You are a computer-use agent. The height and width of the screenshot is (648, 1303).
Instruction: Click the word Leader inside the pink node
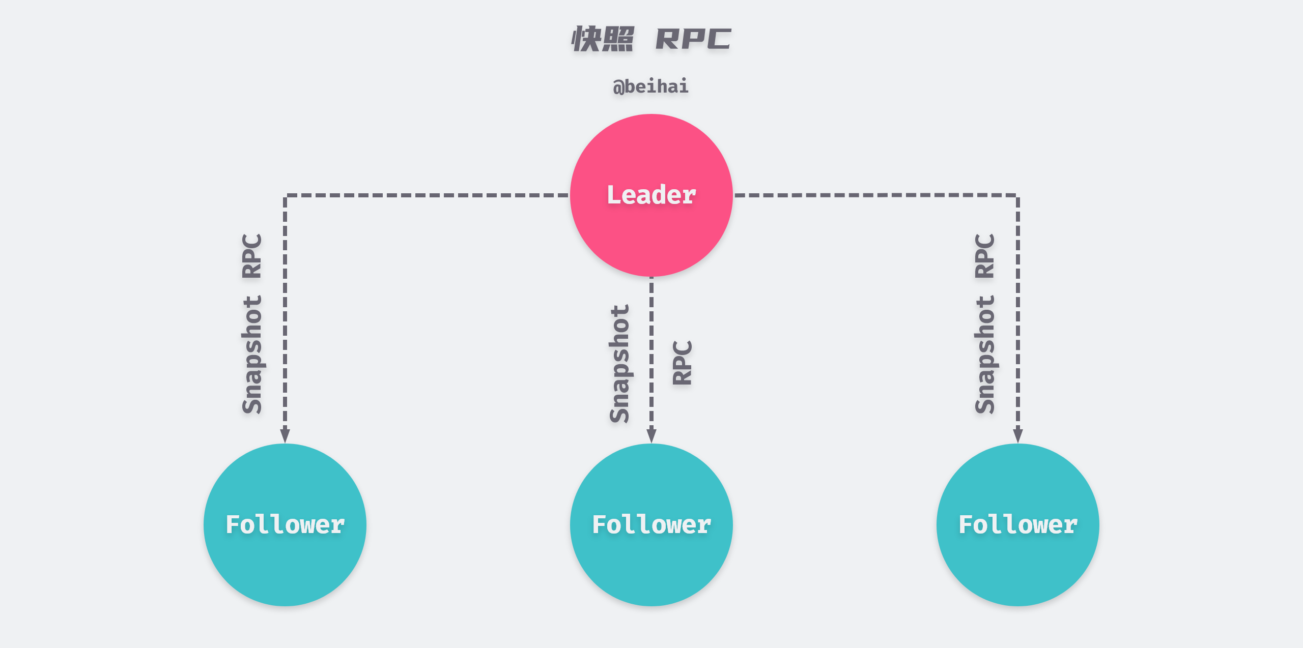point(651,195)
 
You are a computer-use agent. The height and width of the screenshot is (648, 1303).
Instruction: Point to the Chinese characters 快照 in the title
point(603,39)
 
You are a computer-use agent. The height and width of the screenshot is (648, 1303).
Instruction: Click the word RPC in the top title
point(693,39)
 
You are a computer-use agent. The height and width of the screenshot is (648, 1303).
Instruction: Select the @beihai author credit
point(650,86)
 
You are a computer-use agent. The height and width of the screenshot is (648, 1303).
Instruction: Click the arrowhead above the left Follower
point(285,435)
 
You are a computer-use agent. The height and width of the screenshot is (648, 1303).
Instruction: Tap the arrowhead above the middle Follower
point(651,435)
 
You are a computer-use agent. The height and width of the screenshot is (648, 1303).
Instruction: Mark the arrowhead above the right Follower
point(1017,435)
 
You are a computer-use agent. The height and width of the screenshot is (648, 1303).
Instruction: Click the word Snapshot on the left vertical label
point(252,355)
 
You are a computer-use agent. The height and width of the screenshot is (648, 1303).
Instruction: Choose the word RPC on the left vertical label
point(252,256)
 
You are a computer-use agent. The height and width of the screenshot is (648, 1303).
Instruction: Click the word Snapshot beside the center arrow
point(619,364)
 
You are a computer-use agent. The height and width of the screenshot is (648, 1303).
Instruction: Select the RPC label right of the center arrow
point(682,363)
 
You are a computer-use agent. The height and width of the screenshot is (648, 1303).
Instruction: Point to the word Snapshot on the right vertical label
point(985,355)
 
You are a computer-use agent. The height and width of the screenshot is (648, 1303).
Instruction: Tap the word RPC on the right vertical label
point(985,256)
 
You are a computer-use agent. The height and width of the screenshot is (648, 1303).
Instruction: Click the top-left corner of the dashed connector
point(286,195)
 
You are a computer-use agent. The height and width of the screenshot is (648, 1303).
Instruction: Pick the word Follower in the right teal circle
point(1017,524)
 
